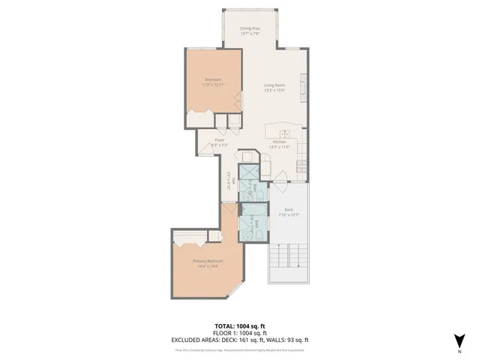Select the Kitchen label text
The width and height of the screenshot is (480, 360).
pyautogui.click(x=279, y=141)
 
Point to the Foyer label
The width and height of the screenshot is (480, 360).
pyautogui.click(x=220, y=139)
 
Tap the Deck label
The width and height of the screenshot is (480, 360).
pyautogui.click(x=288, y=210)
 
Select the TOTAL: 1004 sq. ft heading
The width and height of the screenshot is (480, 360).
pyautogui.click(x=240, y=326)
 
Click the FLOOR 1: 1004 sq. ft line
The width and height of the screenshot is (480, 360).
pyautogui.click(x=240, y=333)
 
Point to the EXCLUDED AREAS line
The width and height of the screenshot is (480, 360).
pyautogui.click(x=240, y=340)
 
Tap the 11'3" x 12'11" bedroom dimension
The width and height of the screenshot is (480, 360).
pyautogui.click(x=214, y=85)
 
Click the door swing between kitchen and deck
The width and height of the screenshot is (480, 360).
pyautogui.click(x=281, y=177)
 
